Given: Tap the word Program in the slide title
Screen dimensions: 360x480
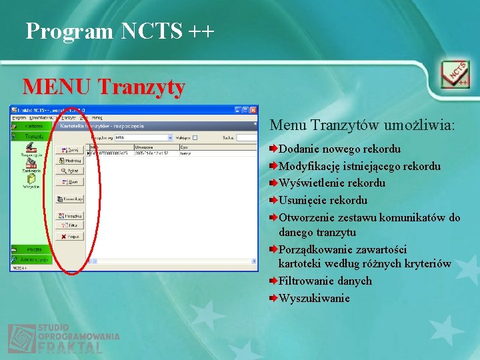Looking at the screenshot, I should coord(70,31).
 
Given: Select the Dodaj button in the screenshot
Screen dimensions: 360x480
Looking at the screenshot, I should coord(70,151).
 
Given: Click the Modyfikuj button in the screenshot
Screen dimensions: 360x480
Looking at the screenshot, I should coord(70,161).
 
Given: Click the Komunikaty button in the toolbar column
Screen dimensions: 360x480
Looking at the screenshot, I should coord(70,199).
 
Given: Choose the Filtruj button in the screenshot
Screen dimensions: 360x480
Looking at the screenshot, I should coord(70,226).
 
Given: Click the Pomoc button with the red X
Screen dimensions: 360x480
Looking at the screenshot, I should coord(70,237).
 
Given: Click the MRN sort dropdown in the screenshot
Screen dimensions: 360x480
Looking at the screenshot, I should coord(143,138).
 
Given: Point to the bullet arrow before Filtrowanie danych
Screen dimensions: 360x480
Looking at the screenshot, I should coord(273,281).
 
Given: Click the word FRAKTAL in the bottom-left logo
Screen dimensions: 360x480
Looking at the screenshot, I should coord(70,348).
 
